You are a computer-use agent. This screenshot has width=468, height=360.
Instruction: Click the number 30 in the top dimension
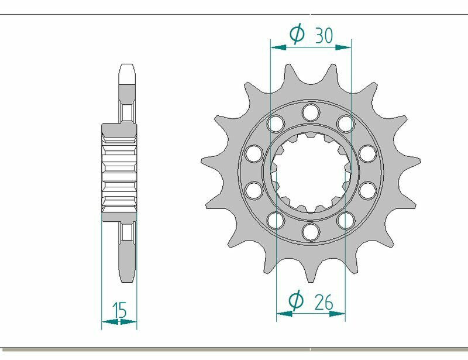pos(324,35)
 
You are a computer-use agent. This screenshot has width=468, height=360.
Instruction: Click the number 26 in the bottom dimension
pos(324,302)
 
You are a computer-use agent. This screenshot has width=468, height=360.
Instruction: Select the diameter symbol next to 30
pos(297,34)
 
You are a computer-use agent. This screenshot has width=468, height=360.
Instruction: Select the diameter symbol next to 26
pos(297,301)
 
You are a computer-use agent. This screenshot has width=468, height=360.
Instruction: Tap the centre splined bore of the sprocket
pos(311,171)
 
